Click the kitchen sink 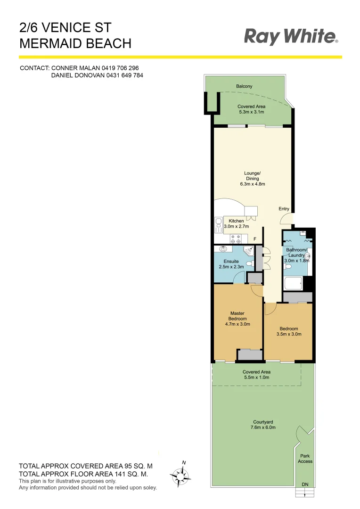[219, 225]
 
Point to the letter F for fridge [255, 239]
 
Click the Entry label [284, 209]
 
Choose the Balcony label [244, 86]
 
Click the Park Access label [305, 459]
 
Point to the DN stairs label [305, 484]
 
